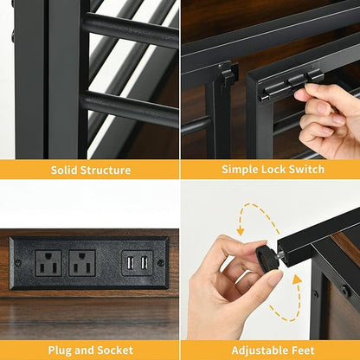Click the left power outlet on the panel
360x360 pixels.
(x=48, y=263)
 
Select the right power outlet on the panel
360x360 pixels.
(x=82, y=263)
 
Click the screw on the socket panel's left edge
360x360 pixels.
(x=18, y=263)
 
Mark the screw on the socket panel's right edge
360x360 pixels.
(x=161, y=263)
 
